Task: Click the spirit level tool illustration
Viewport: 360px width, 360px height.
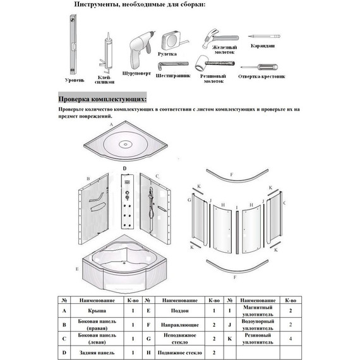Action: [73, 45]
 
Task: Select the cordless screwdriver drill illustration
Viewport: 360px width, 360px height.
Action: [140, 50]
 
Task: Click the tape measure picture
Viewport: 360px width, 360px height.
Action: [174, 40]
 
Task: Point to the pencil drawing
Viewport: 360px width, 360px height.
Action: [264, 36]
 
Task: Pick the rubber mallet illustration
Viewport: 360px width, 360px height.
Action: [215, 63]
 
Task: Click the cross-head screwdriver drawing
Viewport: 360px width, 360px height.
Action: [260, 68]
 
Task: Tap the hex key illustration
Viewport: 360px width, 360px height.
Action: [173, 65]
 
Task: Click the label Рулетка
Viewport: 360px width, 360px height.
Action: [167, 54]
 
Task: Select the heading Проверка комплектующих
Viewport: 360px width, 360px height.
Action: [102, 99]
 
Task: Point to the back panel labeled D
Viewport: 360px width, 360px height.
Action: [127, 201]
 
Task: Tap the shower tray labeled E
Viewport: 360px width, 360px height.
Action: [125, 264]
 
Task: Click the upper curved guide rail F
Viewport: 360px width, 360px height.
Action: [237, 179]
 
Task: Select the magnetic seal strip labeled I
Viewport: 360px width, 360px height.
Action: [237, 232]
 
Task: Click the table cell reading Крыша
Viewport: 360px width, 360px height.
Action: [97, 311]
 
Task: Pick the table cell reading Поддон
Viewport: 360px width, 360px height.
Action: [180, 311]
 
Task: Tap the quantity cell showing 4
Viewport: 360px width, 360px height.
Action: [291, 339]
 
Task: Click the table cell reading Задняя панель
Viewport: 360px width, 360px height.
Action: [97, 352]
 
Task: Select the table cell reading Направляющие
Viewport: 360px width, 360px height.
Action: [180, 325]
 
